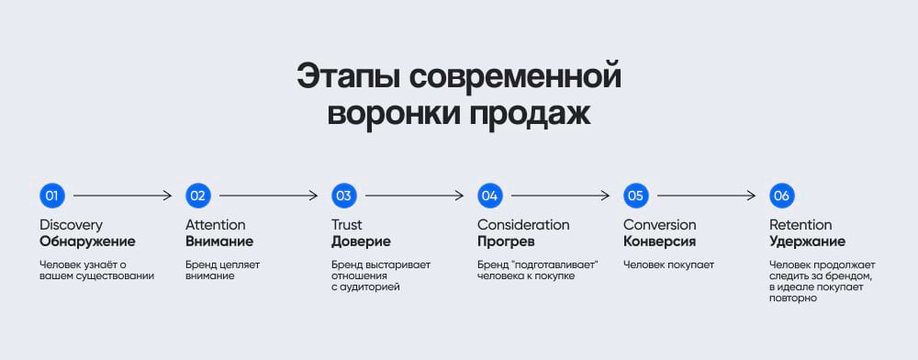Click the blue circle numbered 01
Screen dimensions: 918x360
click(x=51, y=196)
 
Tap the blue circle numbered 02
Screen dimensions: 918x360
click(x=197, y=196)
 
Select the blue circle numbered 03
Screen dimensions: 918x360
click(x=343, y=196)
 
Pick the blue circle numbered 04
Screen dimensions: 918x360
click(x=489, y=196)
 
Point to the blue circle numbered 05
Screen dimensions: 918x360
click(x=635, y=196)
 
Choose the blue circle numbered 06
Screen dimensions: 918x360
click(x=781, y=196)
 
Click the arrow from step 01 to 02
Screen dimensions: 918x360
click(x=123, y=196)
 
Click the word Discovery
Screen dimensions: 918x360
click(x=71, y=225)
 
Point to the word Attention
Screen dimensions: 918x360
click(x=216, y=225)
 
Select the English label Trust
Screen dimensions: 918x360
click(x=347, y=225)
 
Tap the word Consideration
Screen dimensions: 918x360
click(x=523, y=225)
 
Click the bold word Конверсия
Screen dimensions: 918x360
click(x=659, y=242)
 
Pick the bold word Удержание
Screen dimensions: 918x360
click(x=807, y=242)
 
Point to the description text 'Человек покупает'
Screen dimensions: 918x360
click(x=668, y=264)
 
